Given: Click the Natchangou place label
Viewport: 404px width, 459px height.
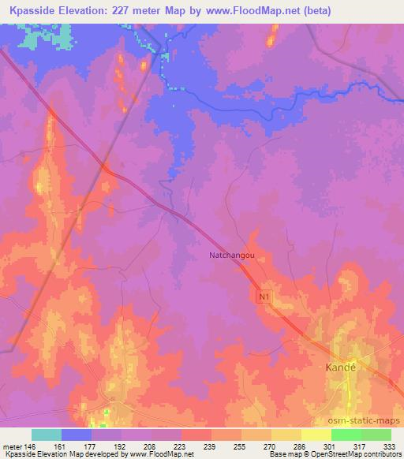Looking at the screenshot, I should [x=232, y=256].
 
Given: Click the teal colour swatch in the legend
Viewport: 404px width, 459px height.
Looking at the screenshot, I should [x=47, y=435].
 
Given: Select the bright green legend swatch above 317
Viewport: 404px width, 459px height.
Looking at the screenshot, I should [x=346, y=435].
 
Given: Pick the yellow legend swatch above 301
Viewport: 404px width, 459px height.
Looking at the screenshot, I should [x=316, y=435].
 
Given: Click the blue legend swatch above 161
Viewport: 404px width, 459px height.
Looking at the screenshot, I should [x=77, y=435].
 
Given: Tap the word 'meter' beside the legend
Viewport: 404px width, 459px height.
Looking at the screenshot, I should [x=14, y=446].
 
